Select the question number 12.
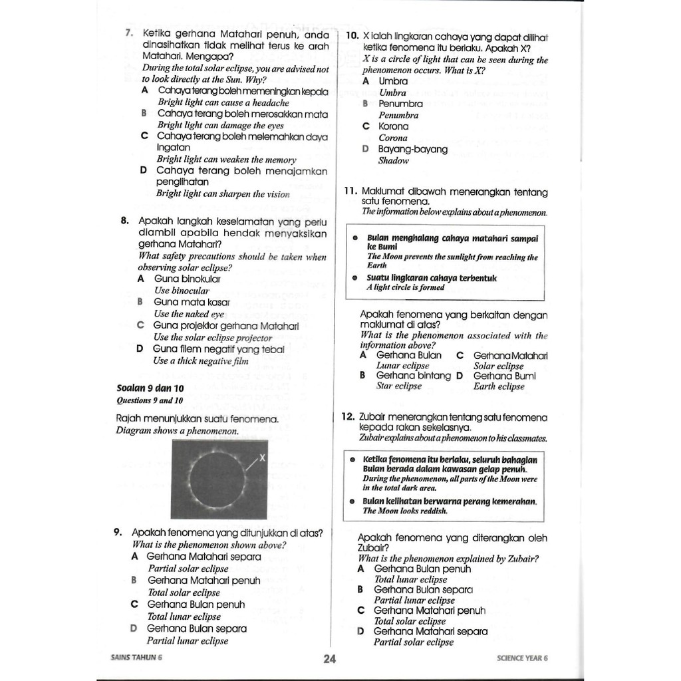(x=347, y=417)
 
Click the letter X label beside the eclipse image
(x=262, y=457)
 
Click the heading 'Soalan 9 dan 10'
(x=150, y=388)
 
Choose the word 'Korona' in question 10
(x=394, y=126)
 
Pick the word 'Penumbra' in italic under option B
(x=399, y=115)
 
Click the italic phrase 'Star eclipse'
(x=399, y=386)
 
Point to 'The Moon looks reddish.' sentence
(x=406, y=511)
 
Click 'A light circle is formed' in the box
(x=406, y=288)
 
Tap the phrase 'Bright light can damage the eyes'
(x=221, y=125)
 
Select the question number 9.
(x=117, y=533)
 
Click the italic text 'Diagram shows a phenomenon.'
(x=177, y=431)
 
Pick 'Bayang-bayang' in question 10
(x=412, y=149)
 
